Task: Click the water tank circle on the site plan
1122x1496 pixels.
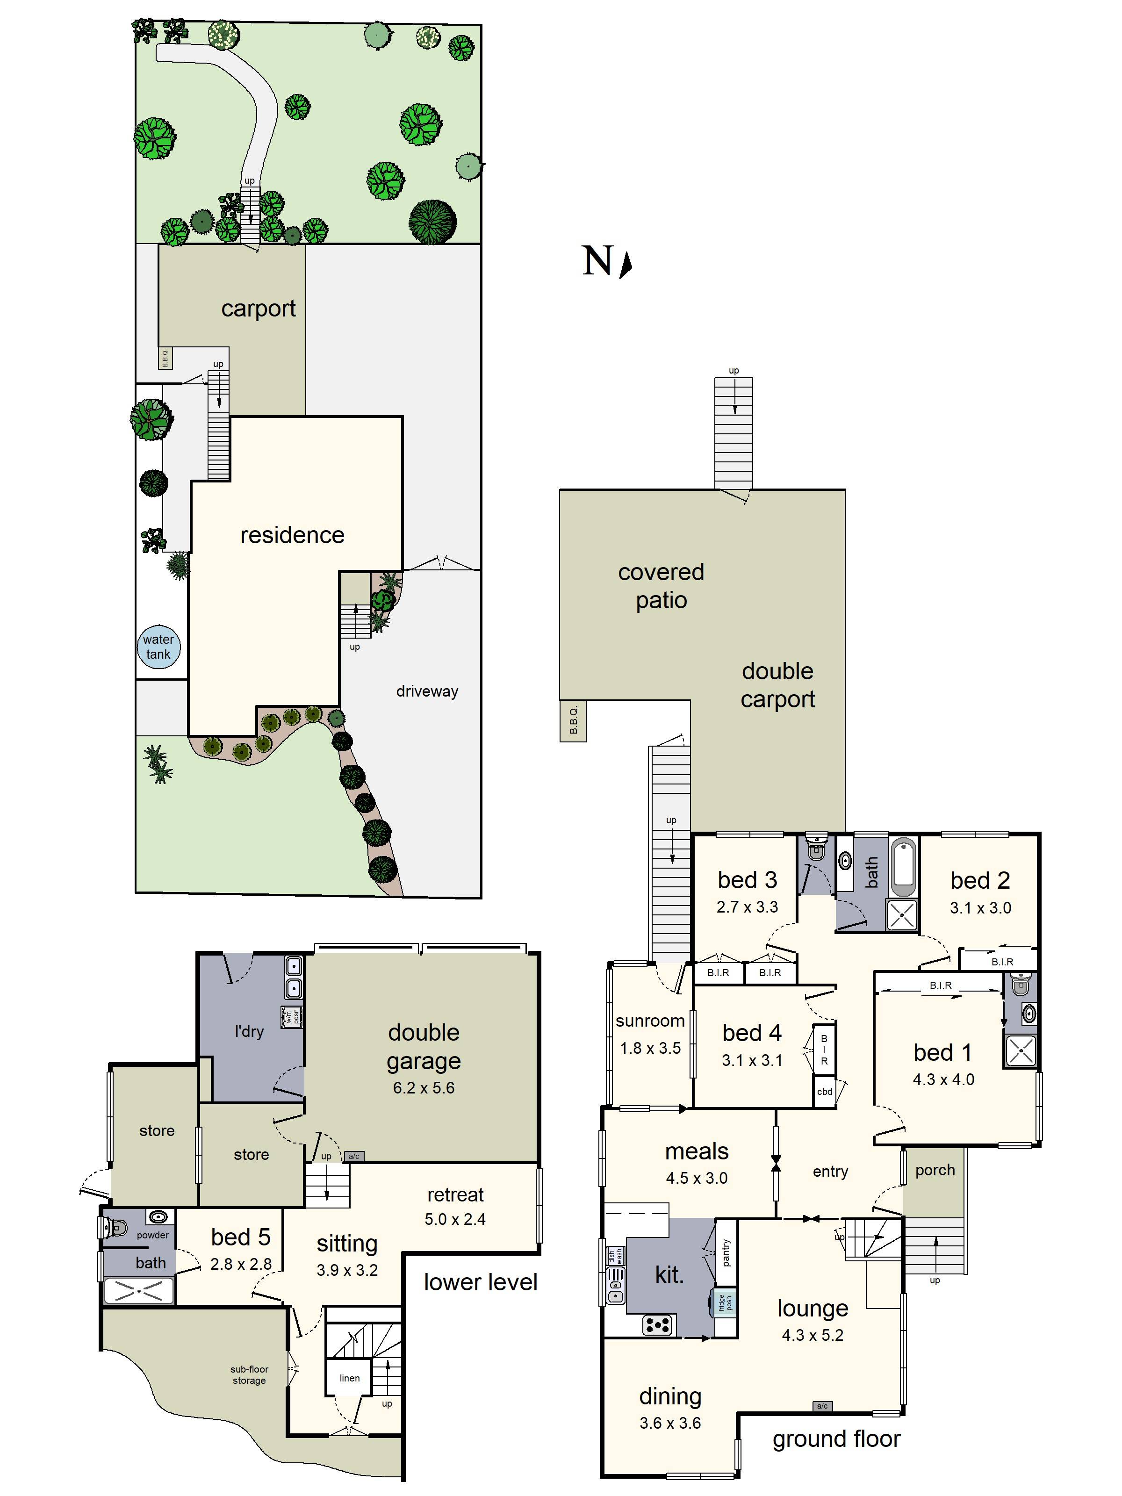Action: click(x=158, y=647)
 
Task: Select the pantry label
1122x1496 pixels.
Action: click(x=726, y=1252)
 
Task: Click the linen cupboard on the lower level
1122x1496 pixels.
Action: click(x=349, y=1378)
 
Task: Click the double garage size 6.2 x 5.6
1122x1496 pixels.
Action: click(x=424, y=1087)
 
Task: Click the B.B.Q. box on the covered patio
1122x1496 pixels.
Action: click(x=573, y=721)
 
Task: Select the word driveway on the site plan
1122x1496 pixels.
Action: click(x=427, y=691)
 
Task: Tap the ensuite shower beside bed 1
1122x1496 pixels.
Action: click(x=1020, y=1051)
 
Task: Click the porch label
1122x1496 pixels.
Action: click(x=935, y=1170)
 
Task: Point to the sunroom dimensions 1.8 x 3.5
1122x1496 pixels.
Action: click(x=650, y=1048)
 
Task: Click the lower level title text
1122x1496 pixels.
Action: click(x=480, y=1281)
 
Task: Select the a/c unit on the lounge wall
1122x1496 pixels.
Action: click(x=822, y=1406)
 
